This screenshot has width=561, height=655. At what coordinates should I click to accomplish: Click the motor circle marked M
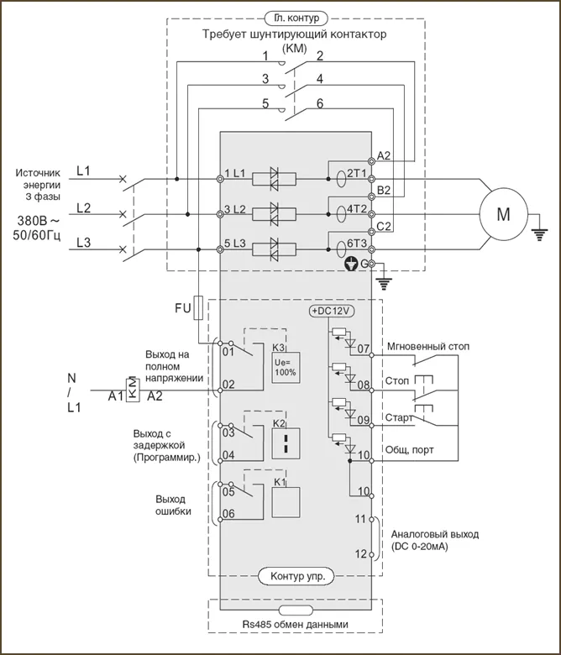coord(503,214)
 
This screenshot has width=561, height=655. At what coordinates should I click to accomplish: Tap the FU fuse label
coord(183,308)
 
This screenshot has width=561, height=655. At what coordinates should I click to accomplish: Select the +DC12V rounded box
coord(333,311)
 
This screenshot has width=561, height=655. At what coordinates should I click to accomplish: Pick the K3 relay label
coord(279,347)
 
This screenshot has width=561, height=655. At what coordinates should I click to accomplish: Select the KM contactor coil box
coord(132,390)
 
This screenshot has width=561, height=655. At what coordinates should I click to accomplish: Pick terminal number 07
coord(364,348)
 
